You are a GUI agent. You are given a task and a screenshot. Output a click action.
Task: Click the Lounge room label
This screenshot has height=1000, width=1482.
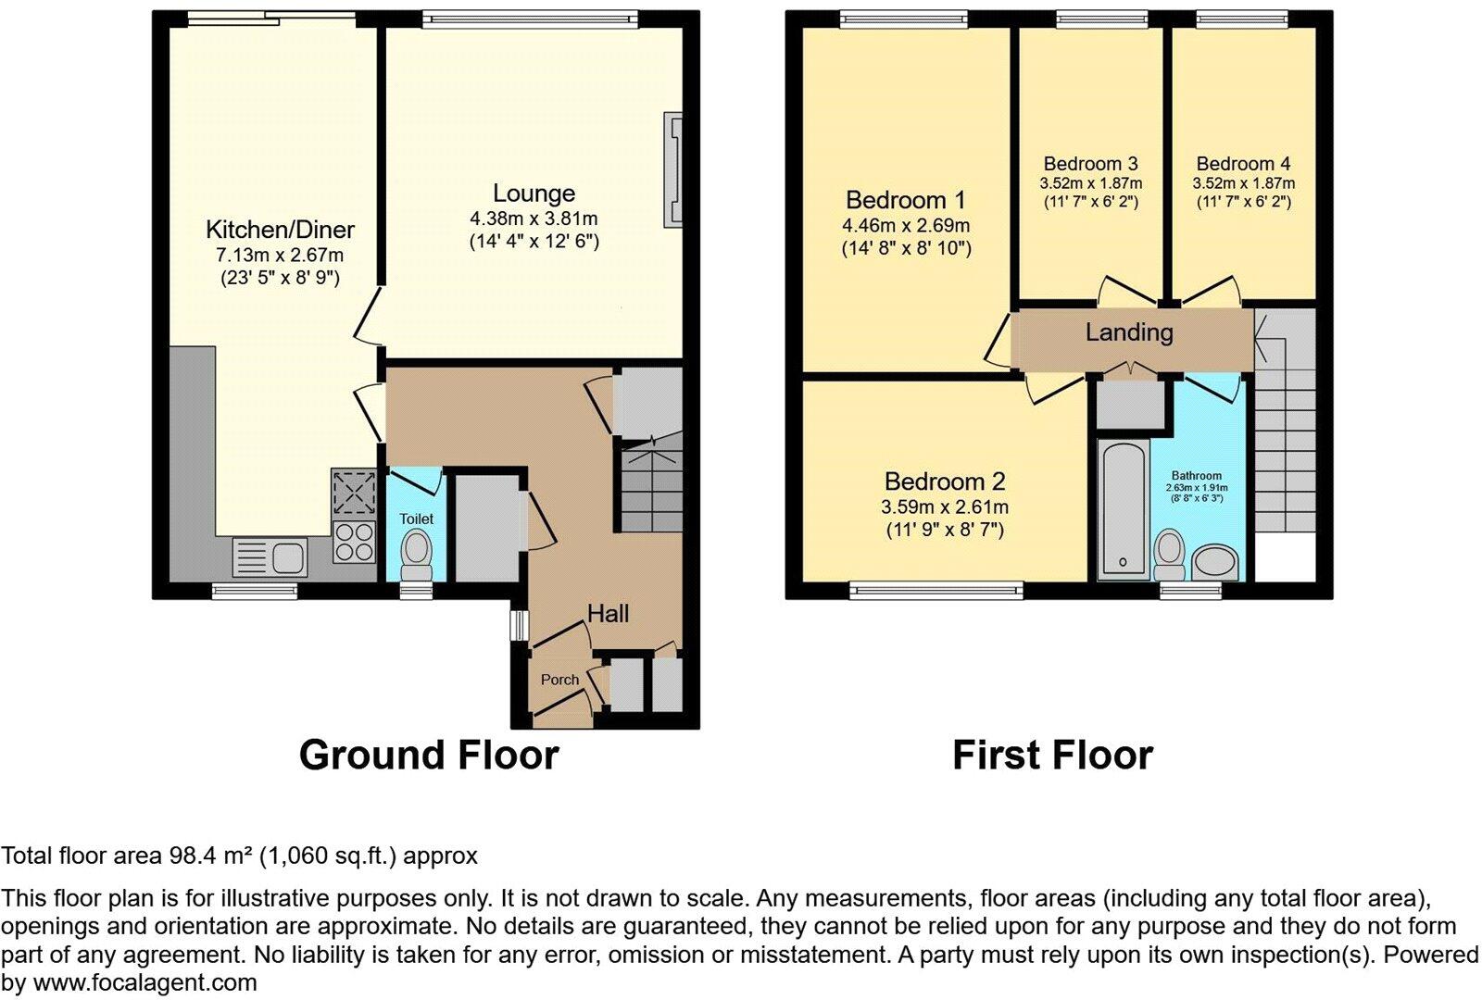[534, 194]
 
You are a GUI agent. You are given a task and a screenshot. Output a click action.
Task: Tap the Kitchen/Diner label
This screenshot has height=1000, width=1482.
[280, 230]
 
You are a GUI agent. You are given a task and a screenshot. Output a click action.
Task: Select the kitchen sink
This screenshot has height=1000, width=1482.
[270, 557]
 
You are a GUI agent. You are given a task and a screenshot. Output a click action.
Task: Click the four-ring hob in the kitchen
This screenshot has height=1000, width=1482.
[354, 542]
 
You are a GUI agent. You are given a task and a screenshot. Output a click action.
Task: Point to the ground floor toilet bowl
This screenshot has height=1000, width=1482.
[417, 552]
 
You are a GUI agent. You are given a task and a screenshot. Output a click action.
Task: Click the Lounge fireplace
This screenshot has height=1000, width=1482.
[672, 169]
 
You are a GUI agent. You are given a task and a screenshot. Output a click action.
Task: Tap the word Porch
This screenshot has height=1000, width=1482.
[559, 680]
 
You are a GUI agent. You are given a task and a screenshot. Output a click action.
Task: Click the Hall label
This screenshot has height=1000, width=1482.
[608, 613]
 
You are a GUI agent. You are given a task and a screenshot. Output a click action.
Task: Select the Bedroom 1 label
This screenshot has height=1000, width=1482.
[905, 200]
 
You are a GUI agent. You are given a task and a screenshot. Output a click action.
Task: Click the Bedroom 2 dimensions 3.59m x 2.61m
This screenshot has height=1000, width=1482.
[944, 506]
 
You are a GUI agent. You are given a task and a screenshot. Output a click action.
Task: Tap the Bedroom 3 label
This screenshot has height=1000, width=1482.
[1090, 164]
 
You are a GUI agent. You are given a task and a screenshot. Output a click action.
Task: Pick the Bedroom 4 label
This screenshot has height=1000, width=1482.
[1243, 164]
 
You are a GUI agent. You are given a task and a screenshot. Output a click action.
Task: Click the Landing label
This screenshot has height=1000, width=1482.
[1129, 332]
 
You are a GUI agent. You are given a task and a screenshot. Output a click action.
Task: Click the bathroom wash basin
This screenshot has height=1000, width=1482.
[1214, 562]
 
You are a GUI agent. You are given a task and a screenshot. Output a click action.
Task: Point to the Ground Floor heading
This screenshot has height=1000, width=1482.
[429, 756]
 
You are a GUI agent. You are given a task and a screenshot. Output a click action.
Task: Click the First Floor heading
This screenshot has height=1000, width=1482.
[1052, 756]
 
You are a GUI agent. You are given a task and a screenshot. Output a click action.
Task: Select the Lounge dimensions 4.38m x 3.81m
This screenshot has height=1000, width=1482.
[534, 219]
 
